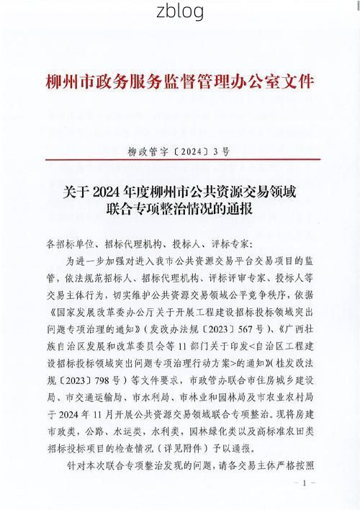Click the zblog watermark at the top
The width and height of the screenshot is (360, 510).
pyautogui.click(x=179, y=12)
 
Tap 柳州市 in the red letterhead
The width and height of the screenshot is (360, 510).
pyautogui.click(x=63, y=79)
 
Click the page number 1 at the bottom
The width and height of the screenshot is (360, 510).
pyautogui.click(x=305, y=483)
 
